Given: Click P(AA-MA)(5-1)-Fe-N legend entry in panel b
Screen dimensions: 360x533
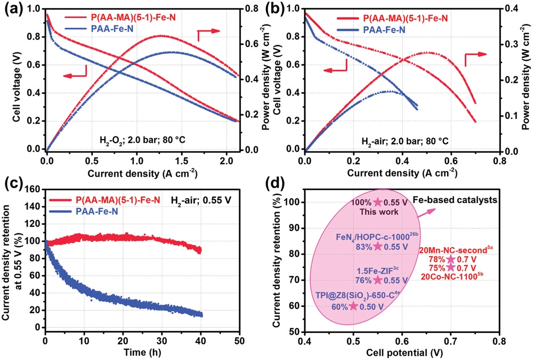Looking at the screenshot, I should (x=406, y=19).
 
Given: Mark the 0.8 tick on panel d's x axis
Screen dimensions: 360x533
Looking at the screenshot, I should (x=499, y=340).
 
